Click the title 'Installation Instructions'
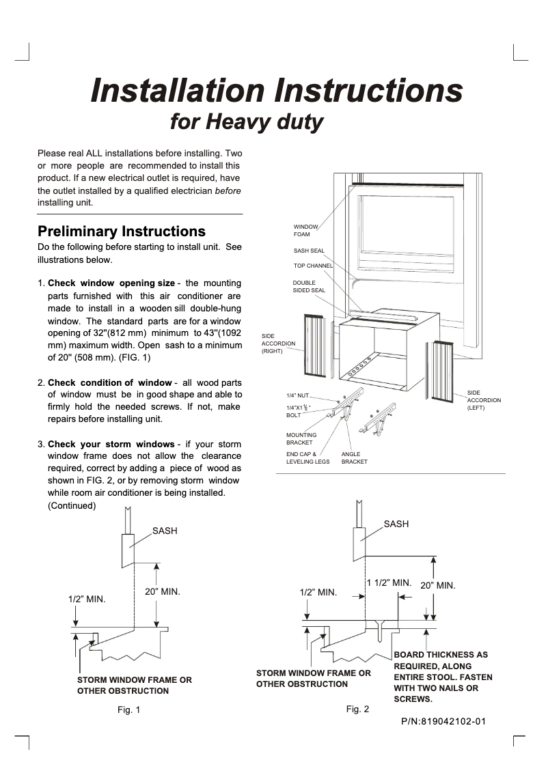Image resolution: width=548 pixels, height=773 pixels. [277, 91]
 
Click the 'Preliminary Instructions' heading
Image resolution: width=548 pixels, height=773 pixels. [121, 231]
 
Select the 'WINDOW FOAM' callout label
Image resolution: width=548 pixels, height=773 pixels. [305, 230]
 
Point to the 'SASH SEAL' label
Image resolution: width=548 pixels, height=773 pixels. [309, 251]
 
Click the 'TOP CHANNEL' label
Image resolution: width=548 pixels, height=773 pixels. [313, 265]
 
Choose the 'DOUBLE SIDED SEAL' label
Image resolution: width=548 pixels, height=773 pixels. [309, 286]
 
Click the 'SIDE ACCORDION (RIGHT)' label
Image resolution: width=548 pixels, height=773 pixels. [278, 343]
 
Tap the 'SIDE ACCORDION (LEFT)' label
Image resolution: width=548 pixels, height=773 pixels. [484, 399]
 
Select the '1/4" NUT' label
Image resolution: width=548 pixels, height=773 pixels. [298, 395]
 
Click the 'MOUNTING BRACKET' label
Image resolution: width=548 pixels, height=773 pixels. [301, 438]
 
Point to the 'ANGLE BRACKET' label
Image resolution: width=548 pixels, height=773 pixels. [354, 458]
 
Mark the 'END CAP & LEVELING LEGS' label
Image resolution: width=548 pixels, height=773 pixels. [307, 458]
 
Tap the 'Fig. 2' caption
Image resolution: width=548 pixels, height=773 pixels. [357, 709]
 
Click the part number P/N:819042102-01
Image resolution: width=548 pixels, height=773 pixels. [443, 721]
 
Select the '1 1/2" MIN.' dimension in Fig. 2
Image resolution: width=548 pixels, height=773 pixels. [388, 582]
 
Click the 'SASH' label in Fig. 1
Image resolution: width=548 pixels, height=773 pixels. [165, 530]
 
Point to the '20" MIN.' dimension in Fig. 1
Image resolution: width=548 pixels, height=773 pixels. [162, 591]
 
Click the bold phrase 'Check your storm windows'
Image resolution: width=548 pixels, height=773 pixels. [111, 445]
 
